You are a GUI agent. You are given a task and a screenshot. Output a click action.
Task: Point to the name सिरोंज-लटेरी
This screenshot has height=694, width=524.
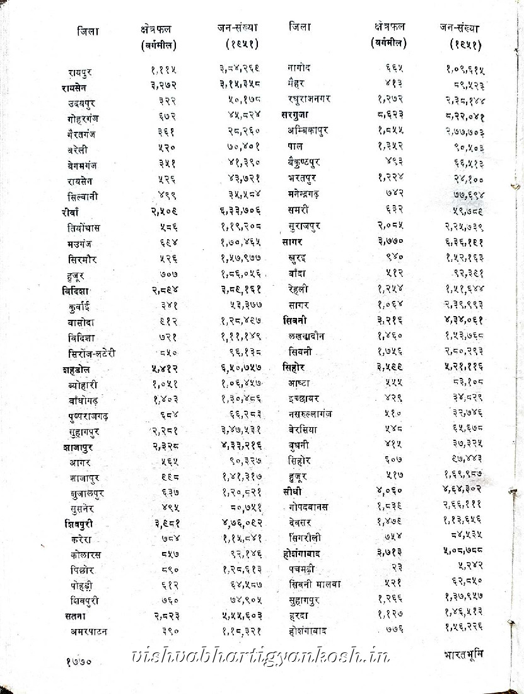92,353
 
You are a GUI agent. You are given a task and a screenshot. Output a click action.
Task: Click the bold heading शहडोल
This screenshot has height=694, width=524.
70,369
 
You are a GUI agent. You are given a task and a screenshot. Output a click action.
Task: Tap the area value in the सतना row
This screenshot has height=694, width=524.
165,615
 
